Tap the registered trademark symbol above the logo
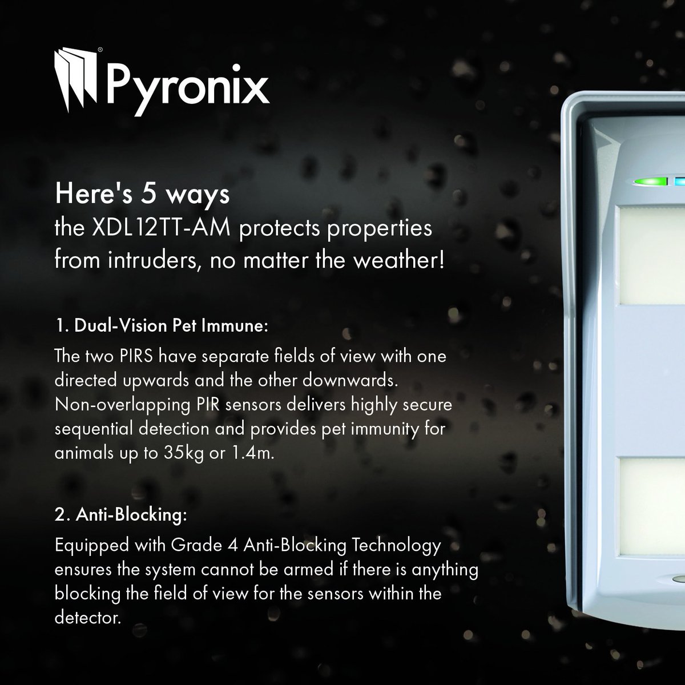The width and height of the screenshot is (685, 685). (100, 50)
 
